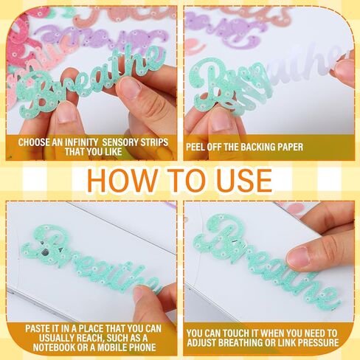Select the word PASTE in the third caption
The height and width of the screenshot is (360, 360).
[x=38, y=329]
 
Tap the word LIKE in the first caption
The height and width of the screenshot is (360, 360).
[x=112, y=152]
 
